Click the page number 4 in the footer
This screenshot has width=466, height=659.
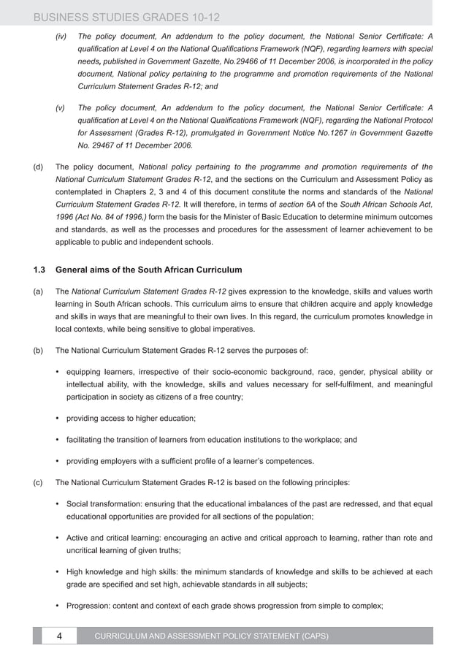59,636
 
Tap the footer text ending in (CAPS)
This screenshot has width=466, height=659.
211,636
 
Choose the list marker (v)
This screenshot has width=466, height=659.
61,107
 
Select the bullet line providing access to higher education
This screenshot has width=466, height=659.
131,418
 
